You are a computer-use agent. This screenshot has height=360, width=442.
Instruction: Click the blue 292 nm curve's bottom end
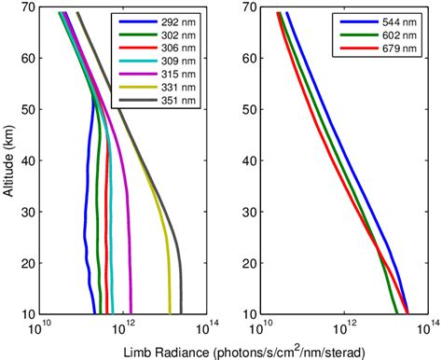coord(95,313)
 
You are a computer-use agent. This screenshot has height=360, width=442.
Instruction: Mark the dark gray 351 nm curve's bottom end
coord(182,313)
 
